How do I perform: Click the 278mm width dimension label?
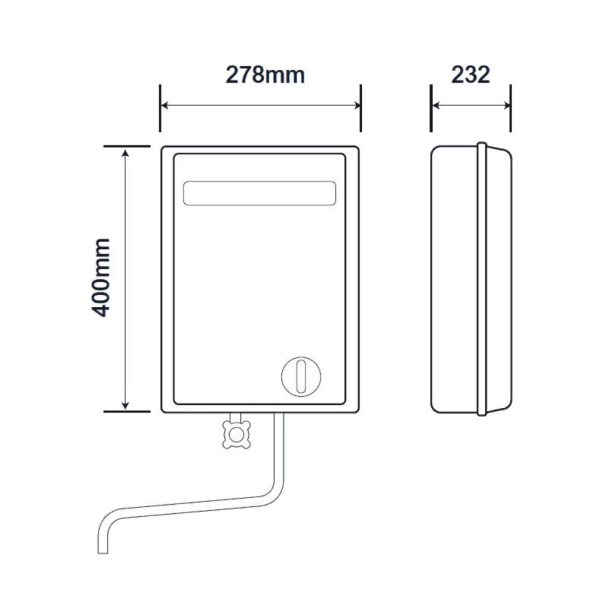pyautogui.click(x=265, y=75)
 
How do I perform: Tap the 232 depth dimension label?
pyautogui.click(x=471, y=75)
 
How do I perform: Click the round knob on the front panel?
pyautogui.click(x=301, y=376)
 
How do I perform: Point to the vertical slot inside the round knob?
pyautogui.click(x=301, y=376)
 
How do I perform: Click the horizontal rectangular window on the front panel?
pyautogui.click(x=259, y=193)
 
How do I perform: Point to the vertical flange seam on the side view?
pyautogui.click(x=482, y=279)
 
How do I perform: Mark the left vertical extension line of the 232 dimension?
pyautogui.click(x=431, y=108)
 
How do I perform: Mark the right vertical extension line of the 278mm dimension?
pyautogui.click(x=361, y=108)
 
